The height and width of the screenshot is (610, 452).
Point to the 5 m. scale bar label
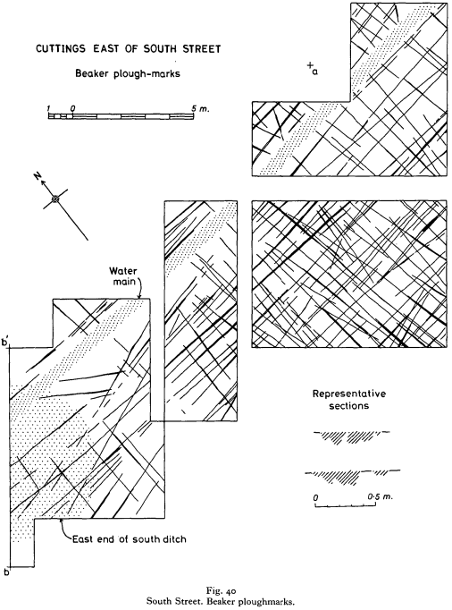pyautogui.click(x=200, y=109)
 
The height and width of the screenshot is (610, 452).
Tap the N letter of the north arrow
pyautogui.click(x=38, y=176)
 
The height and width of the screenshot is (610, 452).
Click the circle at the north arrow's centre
pyautogui.click(x=56, y=199)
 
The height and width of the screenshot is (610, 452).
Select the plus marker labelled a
pyautogui.click(x=310, y=66)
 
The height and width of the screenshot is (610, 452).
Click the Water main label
pyautogui.click(x=122, y=275)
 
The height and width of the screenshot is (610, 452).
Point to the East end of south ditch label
pyautogui.click(x=129, y=539)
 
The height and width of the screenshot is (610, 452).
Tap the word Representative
pyautogui.click(x=349, y=394)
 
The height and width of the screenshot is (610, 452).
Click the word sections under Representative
pyautogui.click(x=349, y=406)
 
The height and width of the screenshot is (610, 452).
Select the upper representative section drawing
pyautogui.click(x=351, y=436)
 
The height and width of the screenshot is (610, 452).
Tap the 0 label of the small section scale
pyautogui.click(x=316, y=498)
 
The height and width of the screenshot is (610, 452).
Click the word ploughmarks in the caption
pyautogui.click(x=269, y=602)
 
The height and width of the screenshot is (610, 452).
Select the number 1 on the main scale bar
pyautogui.click(x=49, y=109)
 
